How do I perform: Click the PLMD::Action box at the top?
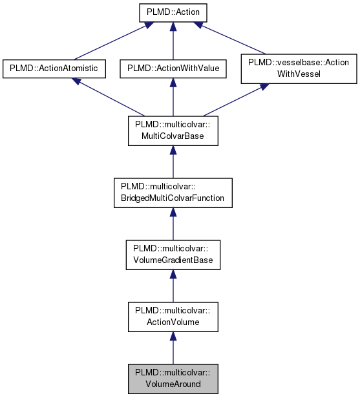(173, 12)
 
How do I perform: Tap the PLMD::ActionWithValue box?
(173, 68)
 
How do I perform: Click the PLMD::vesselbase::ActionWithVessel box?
(299, 68)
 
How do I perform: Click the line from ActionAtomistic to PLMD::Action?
(103, 43)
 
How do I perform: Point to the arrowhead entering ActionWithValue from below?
(173, 83)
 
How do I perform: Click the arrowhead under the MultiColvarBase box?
(173, 151)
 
